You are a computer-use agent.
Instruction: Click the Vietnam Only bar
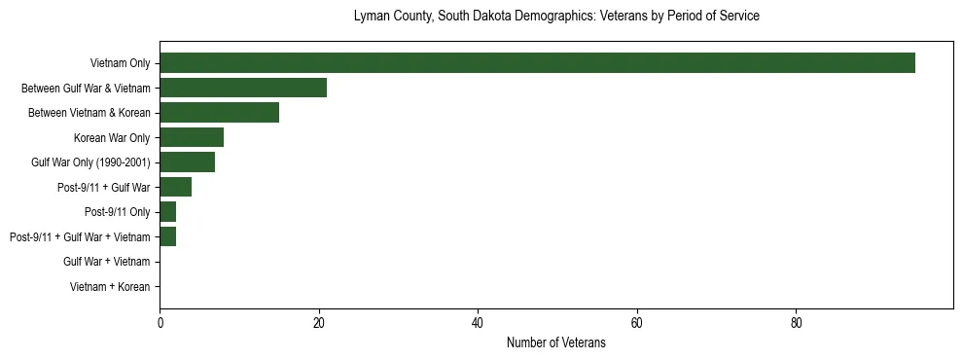tap(537, 63)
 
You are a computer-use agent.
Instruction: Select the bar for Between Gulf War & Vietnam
tap(243, 88)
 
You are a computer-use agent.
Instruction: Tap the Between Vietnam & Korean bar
tap(219, 113)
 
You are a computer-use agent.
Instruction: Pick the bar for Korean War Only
tap(192, 137)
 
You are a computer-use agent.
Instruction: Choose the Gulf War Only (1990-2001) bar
tap(187, 162)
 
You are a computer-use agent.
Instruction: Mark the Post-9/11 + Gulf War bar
tap(175, 187)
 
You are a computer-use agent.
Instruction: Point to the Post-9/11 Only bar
tap(167, 212)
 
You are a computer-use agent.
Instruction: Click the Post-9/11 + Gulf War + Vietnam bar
tap(167, 236)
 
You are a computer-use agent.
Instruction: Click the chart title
tap(556, 17)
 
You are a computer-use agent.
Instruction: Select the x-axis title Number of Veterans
tap(556, 342)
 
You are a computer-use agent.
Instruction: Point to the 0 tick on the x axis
tap(160, 322)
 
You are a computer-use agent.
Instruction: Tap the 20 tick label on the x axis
tap(319, 322)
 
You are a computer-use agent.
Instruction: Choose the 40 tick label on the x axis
tap(478, 322)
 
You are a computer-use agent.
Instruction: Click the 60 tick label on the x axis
tap(637, 322)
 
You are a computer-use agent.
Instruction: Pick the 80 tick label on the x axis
tap(796, 322)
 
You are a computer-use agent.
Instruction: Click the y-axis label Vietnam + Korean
tap(110, 287)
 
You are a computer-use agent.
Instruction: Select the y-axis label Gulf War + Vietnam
tap(106, 262)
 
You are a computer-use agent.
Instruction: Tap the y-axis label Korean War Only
tap(112, 138)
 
